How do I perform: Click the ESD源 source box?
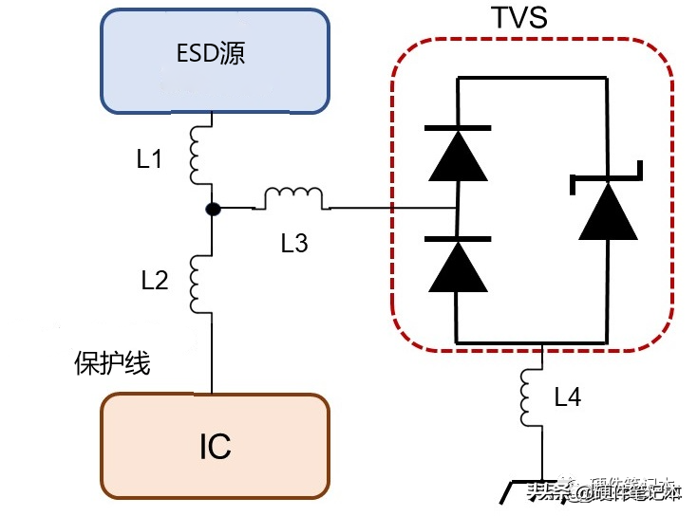click(215, 61)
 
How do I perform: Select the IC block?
click(215, 445)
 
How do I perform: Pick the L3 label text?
click(294, 244)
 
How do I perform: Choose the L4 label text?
click(567, 397)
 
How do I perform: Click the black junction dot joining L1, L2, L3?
click(214, 208)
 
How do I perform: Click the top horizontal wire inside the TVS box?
click(532, 81)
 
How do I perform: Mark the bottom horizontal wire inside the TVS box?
click(532, 341)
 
